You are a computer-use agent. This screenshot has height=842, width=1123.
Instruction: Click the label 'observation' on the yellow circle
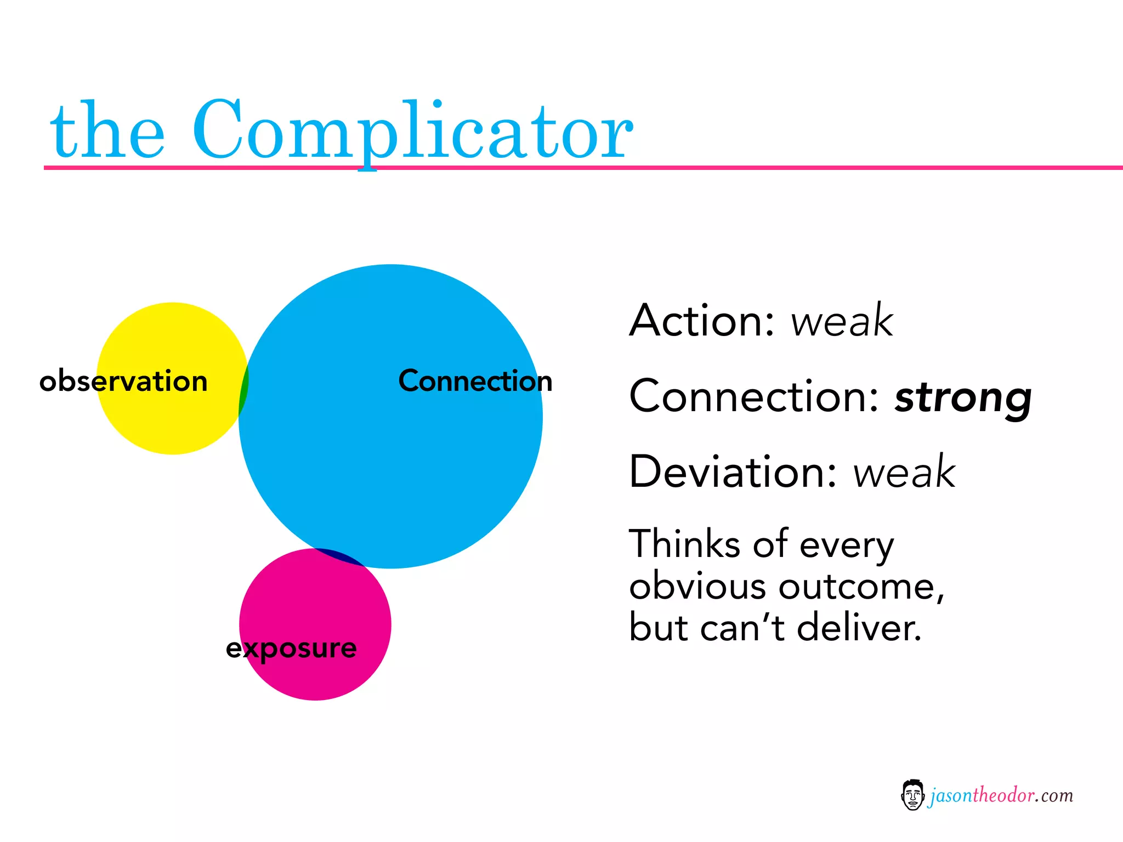pos(124,380)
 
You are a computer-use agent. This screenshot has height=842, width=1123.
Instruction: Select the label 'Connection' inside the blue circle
pos(475,380)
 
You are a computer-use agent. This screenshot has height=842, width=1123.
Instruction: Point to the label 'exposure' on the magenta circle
pos(291,648)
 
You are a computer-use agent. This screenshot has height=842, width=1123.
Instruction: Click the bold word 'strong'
pos(963,398)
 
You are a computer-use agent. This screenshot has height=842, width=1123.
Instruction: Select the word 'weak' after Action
pos(842,321)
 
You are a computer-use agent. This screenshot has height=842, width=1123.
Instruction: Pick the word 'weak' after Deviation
pos(904,473)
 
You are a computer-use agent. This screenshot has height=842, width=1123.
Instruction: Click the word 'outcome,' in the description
pos(861,587)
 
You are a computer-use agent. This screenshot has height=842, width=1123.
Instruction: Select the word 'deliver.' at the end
pos(859,628)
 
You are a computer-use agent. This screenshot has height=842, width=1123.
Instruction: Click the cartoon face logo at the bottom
pos(912,795)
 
